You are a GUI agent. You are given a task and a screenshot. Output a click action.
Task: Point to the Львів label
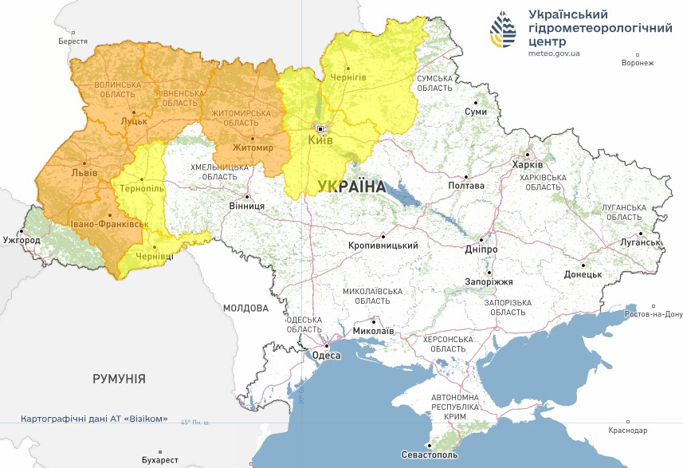(x=84, y=172)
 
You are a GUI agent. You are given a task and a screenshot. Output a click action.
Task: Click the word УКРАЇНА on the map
(x=351, y=187)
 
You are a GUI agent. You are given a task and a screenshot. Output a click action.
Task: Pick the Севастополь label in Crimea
(x=430, y=455)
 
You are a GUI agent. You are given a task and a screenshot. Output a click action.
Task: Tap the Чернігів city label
(x=348, y=77)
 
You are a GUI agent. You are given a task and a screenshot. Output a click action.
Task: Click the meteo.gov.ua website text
(x=554, y=53)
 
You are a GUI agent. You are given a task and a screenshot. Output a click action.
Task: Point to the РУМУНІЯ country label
(x=119, y=378)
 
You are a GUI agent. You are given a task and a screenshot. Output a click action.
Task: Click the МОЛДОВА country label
(x=245, y=308)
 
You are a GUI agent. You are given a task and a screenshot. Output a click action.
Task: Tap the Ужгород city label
(x=22, y=239)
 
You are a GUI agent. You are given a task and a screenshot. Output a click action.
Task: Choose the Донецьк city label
(x=583, y=274)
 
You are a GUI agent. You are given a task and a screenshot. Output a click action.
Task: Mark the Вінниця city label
(x=246, y=206)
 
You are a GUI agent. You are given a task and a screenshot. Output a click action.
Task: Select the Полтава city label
(x=466, y=186)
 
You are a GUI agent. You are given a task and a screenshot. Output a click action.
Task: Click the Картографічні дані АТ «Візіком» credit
(x=94, y=419)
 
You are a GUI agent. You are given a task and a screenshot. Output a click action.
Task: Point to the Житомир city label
(x=253, y=148)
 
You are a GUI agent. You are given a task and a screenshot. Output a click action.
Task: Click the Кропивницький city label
(x=383, y=246)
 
